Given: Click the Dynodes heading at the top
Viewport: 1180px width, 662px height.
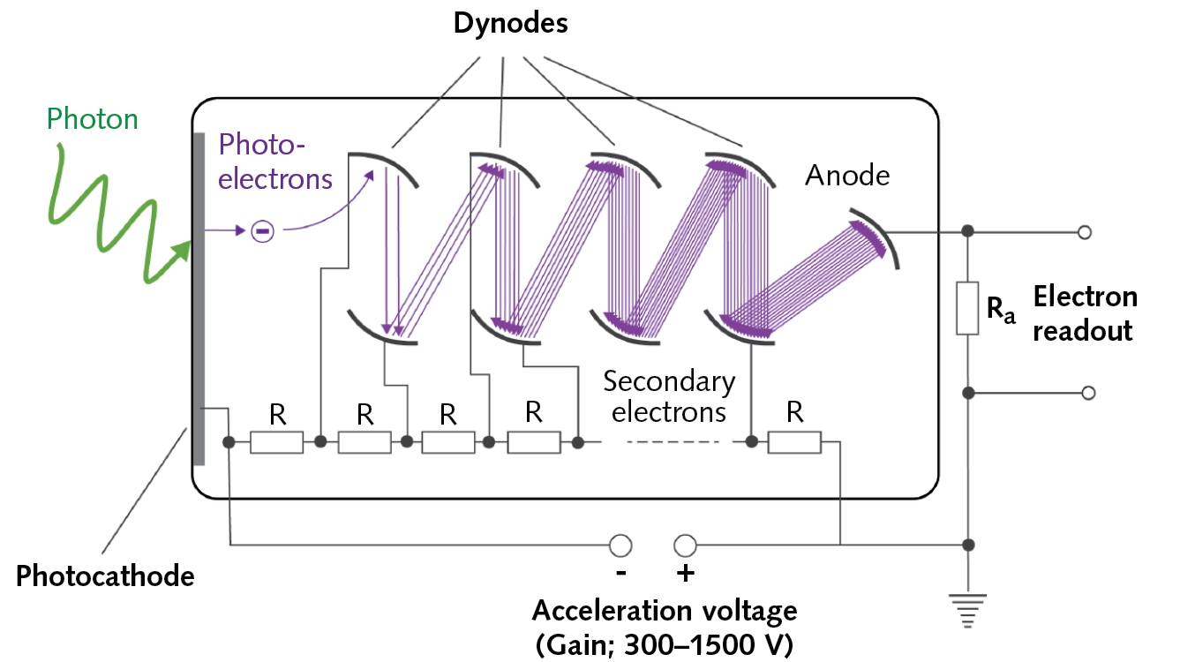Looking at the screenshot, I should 510,23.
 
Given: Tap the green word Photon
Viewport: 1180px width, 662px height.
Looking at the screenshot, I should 93,118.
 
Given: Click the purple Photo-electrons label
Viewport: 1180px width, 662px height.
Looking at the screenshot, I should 275,161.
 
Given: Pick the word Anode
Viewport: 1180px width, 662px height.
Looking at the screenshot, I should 847,176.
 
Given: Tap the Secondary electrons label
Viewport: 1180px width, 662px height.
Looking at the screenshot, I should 669,396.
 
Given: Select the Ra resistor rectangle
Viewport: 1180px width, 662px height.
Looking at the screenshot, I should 968,309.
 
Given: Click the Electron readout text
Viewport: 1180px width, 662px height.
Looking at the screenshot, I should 1085,313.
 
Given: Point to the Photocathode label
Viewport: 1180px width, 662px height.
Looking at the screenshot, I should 105,576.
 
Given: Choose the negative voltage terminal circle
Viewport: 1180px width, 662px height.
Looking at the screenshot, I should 620,545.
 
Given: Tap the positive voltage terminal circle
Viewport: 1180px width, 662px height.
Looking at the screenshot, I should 685,545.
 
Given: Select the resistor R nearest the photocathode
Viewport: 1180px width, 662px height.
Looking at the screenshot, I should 277,441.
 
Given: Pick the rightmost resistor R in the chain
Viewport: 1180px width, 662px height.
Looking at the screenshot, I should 794,441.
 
